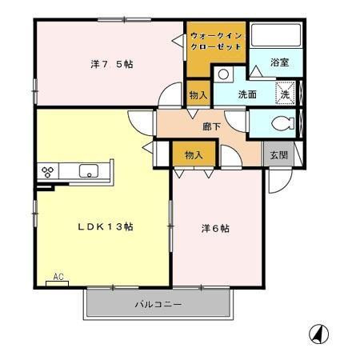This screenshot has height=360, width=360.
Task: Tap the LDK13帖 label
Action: (x=105, y=226)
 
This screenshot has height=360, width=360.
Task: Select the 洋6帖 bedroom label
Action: (x=215, y=228)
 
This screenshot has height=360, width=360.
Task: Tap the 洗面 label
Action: (x=247, y=94)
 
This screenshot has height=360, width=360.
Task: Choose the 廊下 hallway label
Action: (x=212, y=126)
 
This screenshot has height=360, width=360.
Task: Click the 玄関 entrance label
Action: (x=278, y=154)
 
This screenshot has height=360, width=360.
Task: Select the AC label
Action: (x=58, y=276)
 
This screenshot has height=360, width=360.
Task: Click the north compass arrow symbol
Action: (x=318, y=333)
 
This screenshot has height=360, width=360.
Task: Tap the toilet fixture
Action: (x=280, y=123)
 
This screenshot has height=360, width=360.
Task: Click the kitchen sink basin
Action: (x=88, y=170)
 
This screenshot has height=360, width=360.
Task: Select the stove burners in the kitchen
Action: (x=47, y=171)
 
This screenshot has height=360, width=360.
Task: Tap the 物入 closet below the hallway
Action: (x=193, y=154)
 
